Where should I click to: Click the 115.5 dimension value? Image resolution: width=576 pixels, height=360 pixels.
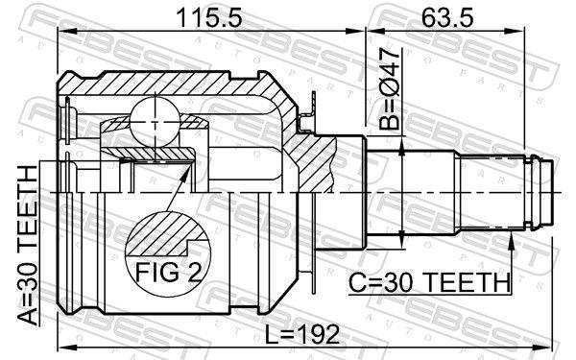pos(198,16)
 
